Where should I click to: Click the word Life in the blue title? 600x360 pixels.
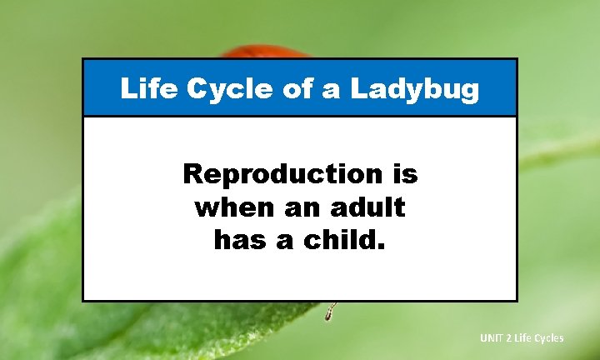point(142,88)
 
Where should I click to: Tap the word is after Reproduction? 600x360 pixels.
point(402,174)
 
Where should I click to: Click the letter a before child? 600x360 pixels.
point(287,242)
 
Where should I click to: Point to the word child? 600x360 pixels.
point(341,240)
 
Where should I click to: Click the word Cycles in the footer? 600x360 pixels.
point(550,337)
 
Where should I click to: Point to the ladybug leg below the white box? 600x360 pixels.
point(330,312)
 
